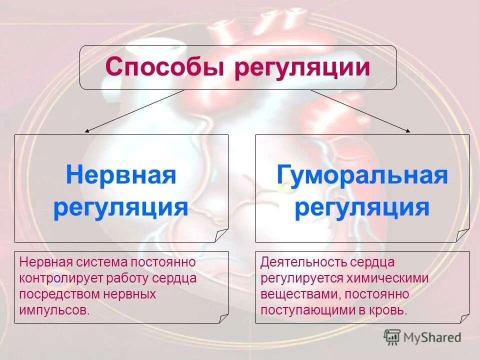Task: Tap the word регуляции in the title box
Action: pos(302,67)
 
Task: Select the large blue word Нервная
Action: pos(121,176)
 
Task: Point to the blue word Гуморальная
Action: pos(362,176)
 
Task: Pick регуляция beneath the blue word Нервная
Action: pos(121,207)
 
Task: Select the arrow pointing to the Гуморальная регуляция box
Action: pos(360,111)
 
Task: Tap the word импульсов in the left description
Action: pos(55,309)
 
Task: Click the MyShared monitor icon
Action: pos(392,337)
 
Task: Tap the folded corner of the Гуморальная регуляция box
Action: pos(462,235)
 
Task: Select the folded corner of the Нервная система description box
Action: pos(222,317)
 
